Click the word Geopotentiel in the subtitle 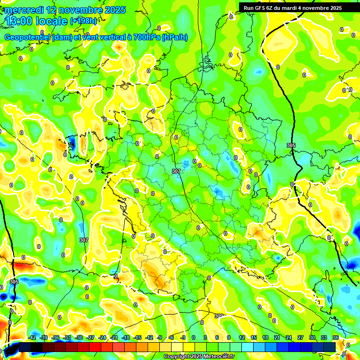point(28,37)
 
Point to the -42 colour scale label point(32,337)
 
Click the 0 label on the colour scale point(194,337)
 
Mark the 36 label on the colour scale point(336,337)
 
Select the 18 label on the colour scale point(265,337)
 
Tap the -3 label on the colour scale point(183,337)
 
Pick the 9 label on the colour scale point(229,337)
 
